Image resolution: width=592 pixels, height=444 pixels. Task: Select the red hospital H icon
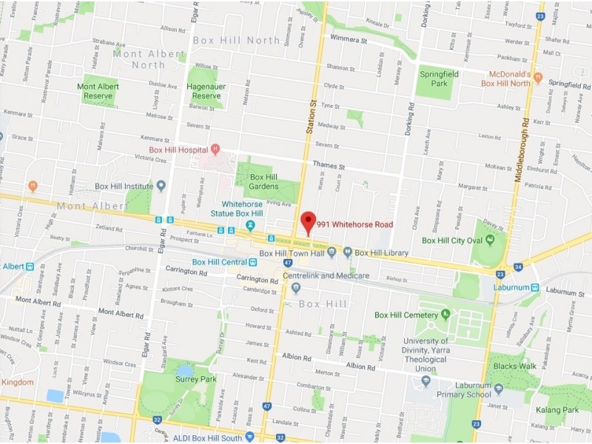click(x=215, y=149)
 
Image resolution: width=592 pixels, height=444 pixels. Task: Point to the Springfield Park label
click(x=434, y=79)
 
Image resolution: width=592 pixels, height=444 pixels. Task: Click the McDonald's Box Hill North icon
click(x=538, y=77)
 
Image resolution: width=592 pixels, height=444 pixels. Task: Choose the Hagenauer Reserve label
click(x=206, y=91)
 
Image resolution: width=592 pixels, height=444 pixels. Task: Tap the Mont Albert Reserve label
click(x=99, y=91)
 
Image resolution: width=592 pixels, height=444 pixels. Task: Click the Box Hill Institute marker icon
click(x=161, y=186)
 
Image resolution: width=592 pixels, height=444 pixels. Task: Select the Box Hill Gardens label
click(x=263, y=182)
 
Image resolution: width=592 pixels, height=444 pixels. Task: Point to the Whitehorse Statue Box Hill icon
click(x=252, y=225)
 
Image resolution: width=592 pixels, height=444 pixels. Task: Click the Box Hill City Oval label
click(x=452, y=240)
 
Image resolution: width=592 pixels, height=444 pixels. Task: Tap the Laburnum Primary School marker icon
click(x=498, y=388)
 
